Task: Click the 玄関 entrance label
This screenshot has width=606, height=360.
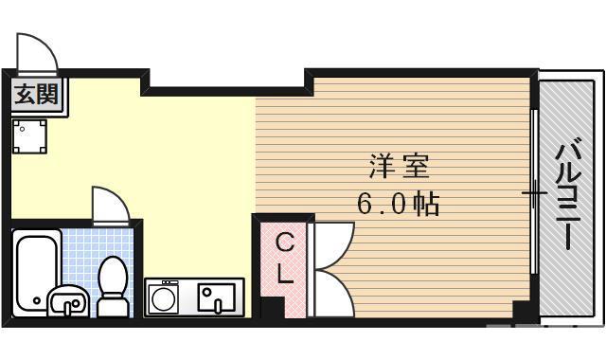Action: click(x=36, y=96)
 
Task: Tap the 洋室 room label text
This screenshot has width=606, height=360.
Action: click(x=398, y=168)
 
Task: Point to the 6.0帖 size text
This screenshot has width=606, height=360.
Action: click(x=398, y=203)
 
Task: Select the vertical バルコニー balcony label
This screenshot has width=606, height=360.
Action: click(x=567, y=193)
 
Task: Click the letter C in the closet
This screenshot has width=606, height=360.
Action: click(x=284, y=243)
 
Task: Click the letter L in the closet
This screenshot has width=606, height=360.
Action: click(x=284, y=276)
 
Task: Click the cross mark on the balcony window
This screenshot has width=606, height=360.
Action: click(x=534, y=194)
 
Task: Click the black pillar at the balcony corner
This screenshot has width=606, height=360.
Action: click(x=520, y=310)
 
